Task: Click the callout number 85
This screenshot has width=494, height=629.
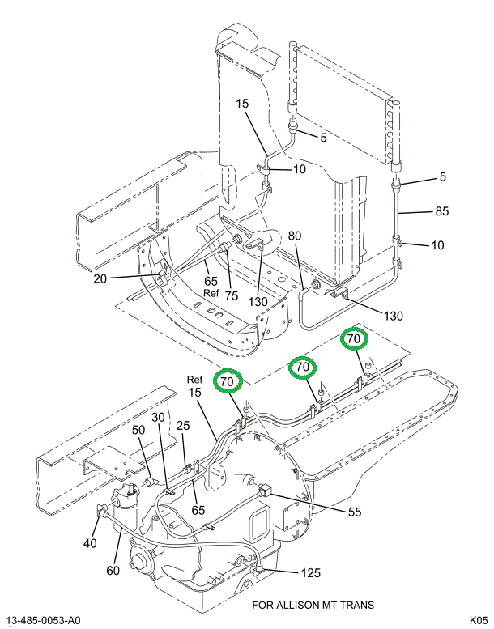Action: [x=441, y=213]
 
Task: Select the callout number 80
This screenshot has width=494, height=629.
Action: [x=295, y=236]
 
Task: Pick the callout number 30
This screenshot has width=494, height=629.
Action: [x=158, y=417]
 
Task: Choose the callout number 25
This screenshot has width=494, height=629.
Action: [x=184, y=426]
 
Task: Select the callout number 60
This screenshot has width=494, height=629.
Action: [x=112, y=572]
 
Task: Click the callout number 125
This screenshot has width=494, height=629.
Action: [x=311, y=574]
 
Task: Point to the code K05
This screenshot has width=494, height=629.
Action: [x=477, y=620]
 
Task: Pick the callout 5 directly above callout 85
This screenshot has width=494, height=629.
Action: [x=442, y=177]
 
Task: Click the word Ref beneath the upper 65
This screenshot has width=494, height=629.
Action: [x=211, y=293]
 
